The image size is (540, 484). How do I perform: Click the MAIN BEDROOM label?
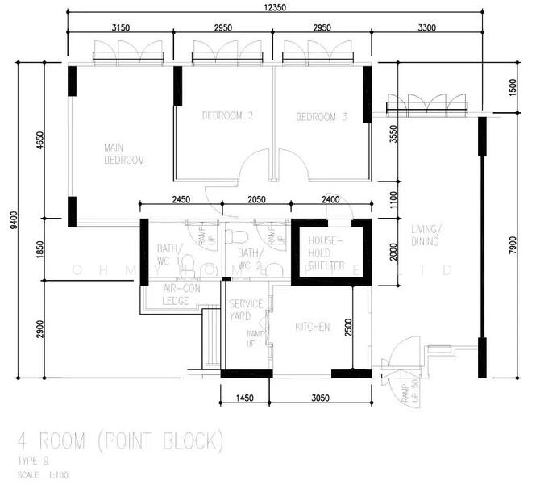[124, 154]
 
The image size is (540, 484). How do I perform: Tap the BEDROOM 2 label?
[228, 117]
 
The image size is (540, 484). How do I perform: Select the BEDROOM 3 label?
[322, 118]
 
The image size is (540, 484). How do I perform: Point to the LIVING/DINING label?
[426, 234]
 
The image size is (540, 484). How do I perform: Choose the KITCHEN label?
[312, 327]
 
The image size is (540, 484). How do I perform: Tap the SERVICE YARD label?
[246, 310]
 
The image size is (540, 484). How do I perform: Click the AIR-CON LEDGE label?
[175, 294]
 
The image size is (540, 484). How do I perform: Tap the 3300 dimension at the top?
[427, 28]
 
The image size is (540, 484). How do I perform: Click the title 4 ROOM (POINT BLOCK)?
[119, 440]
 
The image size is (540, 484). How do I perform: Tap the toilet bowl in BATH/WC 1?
[187, 264]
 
